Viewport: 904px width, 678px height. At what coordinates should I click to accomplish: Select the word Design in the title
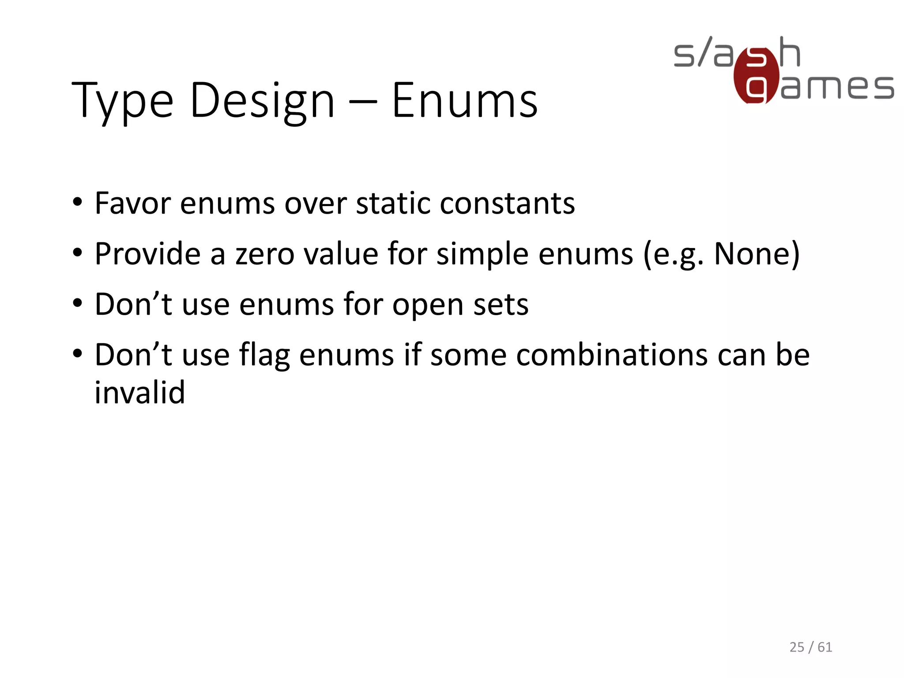point(262,102)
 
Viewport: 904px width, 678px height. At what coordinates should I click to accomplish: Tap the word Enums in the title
point(465,102)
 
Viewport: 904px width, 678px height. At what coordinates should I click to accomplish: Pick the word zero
point(264,254)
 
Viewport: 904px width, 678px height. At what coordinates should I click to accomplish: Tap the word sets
point(501,305)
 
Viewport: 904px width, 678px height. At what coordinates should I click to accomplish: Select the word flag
point(264,355)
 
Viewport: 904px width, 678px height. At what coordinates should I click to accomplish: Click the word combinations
point(612,355)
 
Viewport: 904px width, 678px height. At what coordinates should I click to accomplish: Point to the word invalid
point(139,392)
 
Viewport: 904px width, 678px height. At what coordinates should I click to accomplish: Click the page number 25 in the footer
point(797,647)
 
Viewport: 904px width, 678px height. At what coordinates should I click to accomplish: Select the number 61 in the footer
point(825,647)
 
